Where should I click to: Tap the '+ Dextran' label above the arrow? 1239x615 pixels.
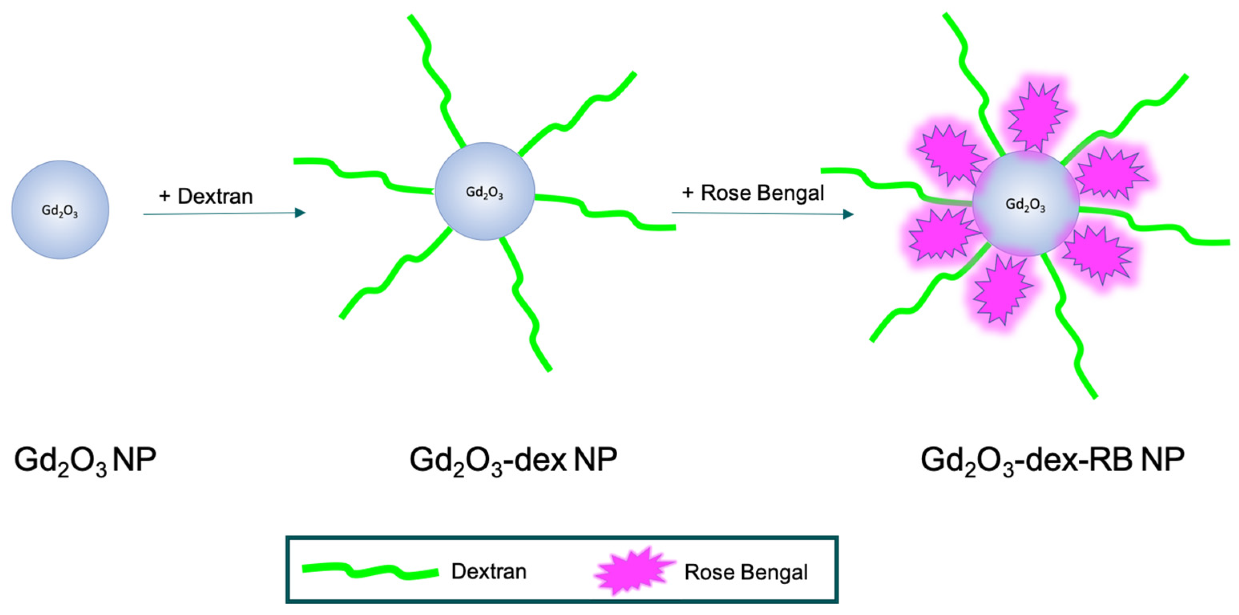pyautogui.click(x=206, y=196)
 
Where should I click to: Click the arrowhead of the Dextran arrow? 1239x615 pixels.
pyautogui.click(x=300, y=213)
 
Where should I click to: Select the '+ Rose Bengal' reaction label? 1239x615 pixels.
pyautogui.click(x=753, y=193)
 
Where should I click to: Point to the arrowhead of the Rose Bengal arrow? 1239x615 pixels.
pyautogui.click(x=848, y=214)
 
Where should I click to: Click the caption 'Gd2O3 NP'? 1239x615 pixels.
pyautogui.click(x=85, y=460)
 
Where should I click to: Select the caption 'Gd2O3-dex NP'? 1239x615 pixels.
pyautogui.click(x=513, y=460)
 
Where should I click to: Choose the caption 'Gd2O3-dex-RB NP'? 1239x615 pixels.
pyautogui.click(x=1052, y=460)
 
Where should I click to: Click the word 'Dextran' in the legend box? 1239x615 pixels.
pyautogui.click(x=489, y=571)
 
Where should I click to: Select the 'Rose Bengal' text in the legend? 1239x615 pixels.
pyautogui.click(x=746, y=572)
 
